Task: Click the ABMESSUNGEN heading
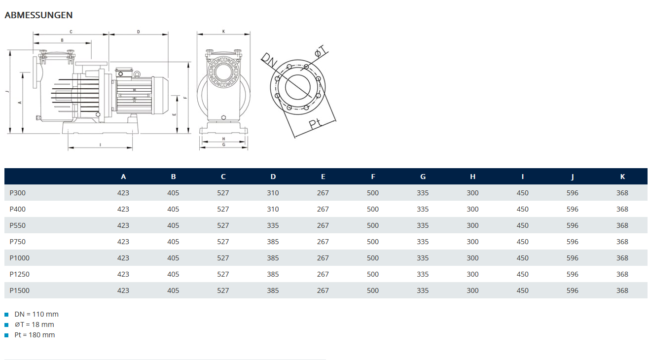(x=38, y=15)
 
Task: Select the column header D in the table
(x=273, y=177)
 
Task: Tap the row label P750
(x=18, y=242)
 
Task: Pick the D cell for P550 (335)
(x=273, y=225)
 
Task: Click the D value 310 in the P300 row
(x=273, y=193)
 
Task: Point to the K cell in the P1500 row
(x=622, y=290)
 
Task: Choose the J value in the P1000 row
(x=573, y=258)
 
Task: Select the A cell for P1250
(x=123, y=274)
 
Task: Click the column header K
(x=622, y=177)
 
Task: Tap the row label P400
(x=18, y=209)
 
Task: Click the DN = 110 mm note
(x=36, y=314)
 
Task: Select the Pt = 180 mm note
(x=35, y=335)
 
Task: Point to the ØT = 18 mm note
(x=35, y=324)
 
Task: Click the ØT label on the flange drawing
(x=321, y=50)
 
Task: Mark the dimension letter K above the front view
(x=223, y=31)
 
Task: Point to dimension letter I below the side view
(x=100, y=144)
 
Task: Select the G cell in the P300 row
(x=423, y=193)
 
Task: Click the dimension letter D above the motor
(x=139, y=32)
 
